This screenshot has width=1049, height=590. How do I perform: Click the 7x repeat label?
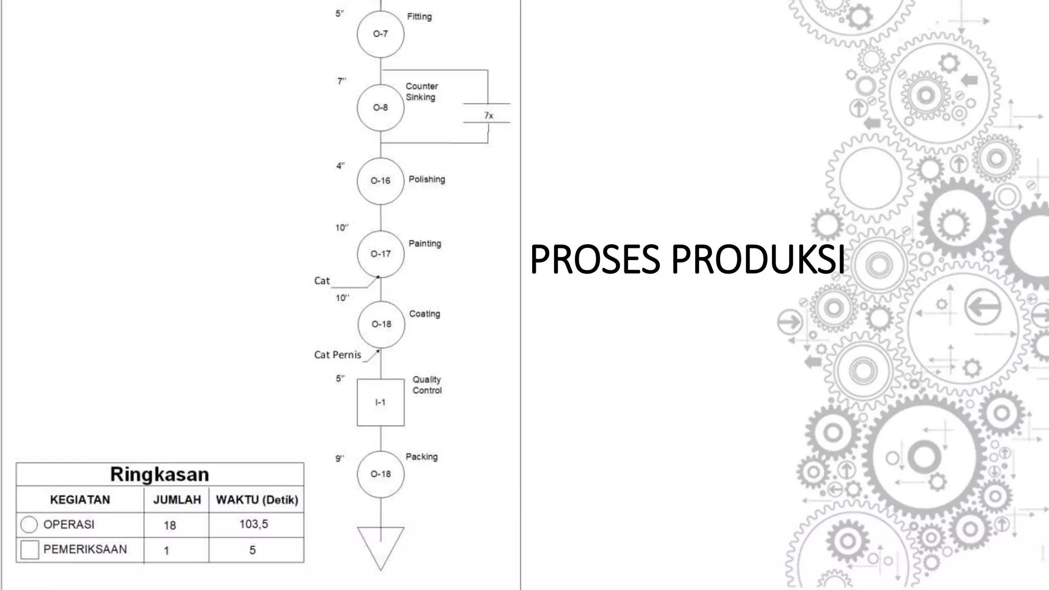point(489,116)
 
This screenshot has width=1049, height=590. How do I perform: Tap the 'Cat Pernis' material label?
point(338,355)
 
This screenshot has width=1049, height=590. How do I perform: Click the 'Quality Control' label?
point(427,385)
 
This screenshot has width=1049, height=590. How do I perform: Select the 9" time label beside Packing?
point(340,458)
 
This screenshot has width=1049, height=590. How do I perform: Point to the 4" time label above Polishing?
point(340,166)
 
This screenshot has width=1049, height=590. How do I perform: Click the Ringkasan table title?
point(160,475)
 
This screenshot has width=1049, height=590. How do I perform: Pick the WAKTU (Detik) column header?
point(257,500)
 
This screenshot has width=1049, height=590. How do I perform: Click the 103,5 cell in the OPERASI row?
point(254,524)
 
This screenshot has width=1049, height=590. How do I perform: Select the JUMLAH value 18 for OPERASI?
point(170,525)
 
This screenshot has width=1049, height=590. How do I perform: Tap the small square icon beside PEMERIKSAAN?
point(30,550)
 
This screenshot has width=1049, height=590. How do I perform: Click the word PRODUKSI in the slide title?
point(758,259)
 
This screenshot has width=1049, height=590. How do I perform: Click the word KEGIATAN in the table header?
point(80,500)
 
